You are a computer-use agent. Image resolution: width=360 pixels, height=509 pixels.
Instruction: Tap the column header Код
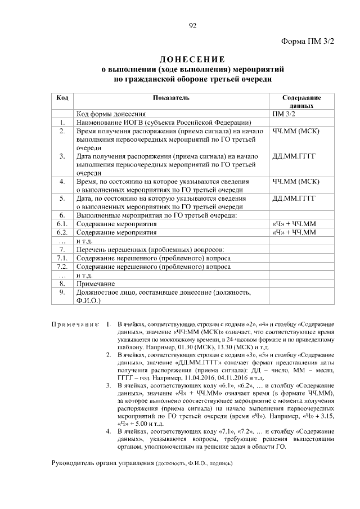point(63,98)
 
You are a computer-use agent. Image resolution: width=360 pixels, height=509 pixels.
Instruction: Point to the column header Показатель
point(171,98)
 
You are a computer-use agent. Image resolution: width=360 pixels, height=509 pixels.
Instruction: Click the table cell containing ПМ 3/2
point(283,114)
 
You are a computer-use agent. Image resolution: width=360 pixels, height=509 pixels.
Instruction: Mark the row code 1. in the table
point(63,122)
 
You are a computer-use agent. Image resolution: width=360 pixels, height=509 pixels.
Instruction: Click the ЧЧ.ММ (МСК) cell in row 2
point(295,131)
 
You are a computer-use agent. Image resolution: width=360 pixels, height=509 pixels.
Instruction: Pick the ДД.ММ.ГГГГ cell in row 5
point(294,199)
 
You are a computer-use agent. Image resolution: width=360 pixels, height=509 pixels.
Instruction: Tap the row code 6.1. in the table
point(63,224)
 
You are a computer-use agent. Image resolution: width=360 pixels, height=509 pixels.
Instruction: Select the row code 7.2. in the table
point(63,267)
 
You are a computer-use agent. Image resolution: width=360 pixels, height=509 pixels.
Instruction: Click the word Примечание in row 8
point(95,283)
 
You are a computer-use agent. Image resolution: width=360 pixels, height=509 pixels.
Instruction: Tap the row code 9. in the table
point(63,292)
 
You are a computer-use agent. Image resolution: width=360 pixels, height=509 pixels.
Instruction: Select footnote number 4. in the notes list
point(109,431)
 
